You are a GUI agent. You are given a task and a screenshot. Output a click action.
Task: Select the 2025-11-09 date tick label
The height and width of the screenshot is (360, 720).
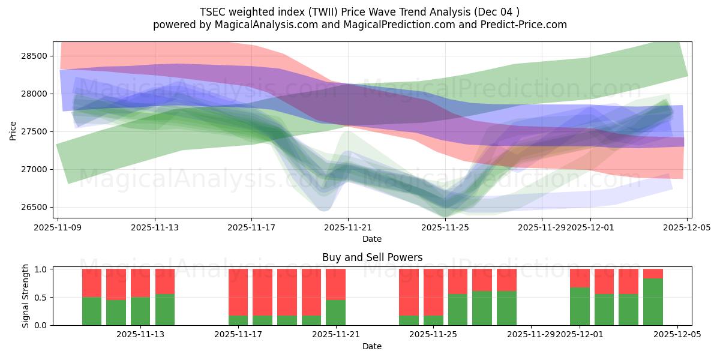[x=58, y=228]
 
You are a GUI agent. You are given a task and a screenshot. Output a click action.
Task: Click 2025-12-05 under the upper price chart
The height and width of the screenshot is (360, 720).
[x=687, y=228]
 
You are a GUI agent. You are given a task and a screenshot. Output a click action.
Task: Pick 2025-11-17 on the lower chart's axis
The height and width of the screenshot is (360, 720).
[x=238, y=335]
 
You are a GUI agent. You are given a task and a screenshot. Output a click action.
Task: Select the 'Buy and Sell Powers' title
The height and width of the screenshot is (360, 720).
[x=372, y=257]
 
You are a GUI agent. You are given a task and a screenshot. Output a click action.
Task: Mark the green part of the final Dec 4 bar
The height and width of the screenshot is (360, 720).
[x=653, y=302]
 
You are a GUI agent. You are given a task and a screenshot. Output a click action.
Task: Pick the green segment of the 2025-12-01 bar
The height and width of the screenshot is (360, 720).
[x=580, y=307]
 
